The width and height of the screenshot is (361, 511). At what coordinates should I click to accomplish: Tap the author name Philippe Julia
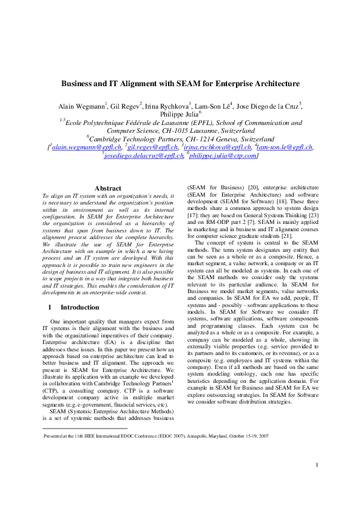click(x=180, y=114)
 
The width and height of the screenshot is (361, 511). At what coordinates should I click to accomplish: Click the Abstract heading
click(x=108, y=189)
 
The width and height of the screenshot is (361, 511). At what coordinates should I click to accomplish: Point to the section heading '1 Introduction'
click(x=73, y=308)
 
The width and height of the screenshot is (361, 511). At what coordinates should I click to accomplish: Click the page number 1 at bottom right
click(x=317, y=482)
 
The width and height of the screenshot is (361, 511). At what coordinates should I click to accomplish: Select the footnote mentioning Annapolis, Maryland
click(x=157, y=436)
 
